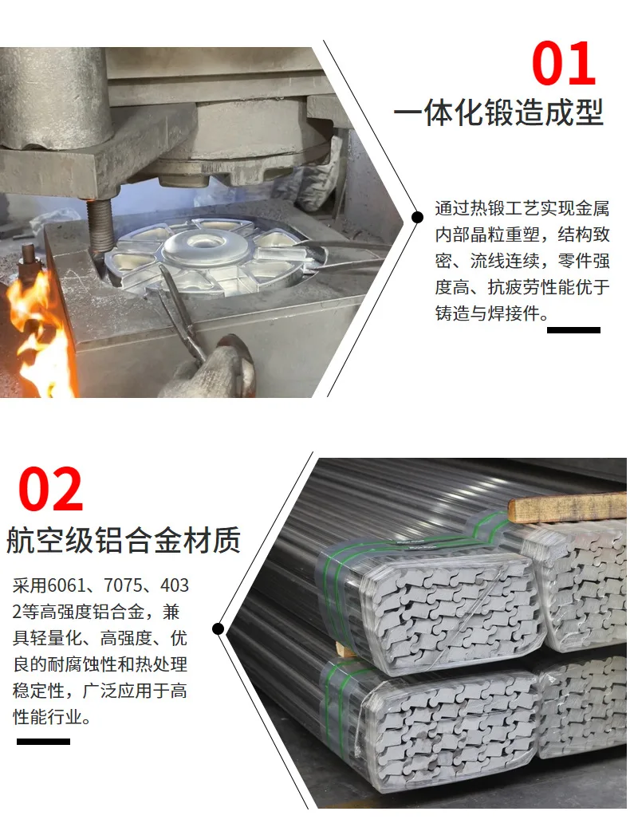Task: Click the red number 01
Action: click(564, 63)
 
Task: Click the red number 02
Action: click(50, 489)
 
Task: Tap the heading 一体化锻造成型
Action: click(499, 113)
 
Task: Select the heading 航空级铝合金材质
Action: click(124, 539)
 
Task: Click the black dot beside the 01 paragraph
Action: click(418, 217)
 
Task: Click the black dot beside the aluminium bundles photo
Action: click(218, 628)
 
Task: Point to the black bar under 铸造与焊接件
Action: click(573, 330)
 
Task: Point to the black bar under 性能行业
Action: click(43, 742)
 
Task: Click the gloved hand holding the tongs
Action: click(214, 369)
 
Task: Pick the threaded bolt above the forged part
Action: click(100, 225)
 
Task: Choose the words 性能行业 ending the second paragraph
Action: click(48, 716)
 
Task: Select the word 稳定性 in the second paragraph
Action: click(39, 690)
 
